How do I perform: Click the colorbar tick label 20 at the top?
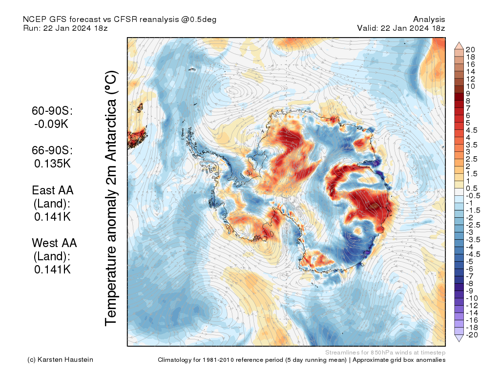(470, 49)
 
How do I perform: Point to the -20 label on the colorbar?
(472, 334)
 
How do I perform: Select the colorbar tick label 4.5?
(472, 130)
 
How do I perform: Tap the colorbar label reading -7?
(470, 276)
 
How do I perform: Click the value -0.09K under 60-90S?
(51, 124)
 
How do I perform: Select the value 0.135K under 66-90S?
(52, 164)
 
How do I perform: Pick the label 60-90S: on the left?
(52, 111)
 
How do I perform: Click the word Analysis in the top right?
(429, 20)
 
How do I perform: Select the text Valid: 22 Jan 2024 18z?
(401, 28)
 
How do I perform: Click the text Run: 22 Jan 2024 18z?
(65, 28)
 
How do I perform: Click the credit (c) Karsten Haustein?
(60, 360)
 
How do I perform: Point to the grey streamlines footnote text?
(385, 352)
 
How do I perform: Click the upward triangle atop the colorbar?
(459, 45)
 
